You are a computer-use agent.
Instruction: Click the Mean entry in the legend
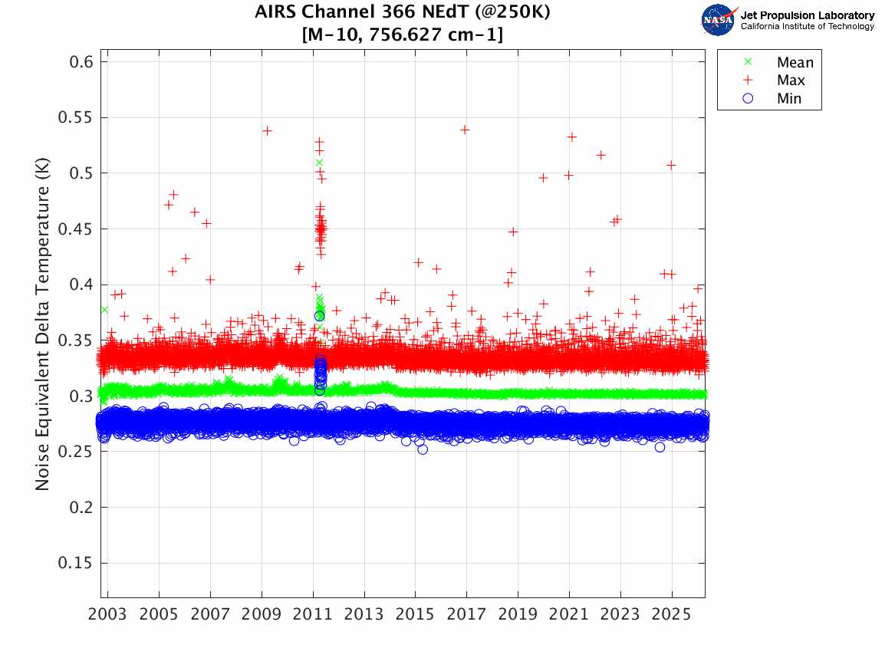click(x=795, y=62)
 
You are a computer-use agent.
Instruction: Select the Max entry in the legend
click(x=791, y=80)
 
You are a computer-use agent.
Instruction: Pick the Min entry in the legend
click(x=789, y=98)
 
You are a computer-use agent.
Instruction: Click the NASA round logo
click(x=719, y=20)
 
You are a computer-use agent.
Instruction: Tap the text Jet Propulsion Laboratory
click(x=807, y=15)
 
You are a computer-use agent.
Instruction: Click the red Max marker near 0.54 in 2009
click(x=267, y=130)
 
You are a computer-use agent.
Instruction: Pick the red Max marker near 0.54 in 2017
click(x=465, y=130)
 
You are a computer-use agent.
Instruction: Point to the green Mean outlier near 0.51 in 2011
click(x=319, y=163)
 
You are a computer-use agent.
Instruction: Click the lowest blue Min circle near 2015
click(x=423, y=449)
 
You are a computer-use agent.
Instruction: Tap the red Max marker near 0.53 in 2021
click(x=571, y=137)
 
